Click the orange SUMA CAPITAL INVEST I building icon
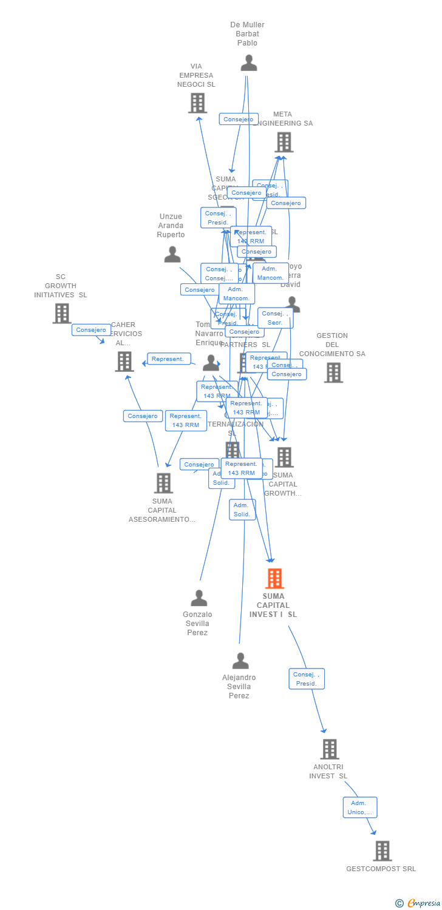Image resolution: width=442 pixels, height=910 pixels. (x=274, y=579)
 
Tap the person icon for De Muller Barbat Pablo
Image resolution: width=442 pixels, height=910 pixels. (x=248, y=63)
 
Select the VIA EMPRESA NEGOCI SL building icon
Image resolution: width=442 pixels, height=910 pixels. (x=197, y=103)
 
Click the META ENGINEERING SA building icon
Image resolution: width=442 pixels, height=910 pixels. (x=284, y=142)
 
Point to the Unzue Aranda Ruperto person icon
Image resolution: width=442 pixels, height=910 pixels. (x=172, y=254)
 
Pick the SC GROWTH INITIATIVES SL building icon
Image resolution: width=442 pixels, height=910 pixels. (x=62, y=314)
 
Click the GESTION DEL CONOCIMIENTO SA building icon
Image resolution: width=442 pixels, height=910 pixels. (x=333, y=372)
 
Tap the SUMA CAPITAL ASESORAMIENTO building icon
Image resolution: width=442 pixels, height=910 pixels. (x=163, y=483)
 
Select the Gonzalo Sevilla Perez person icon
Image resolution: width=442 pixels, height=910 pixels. (x=199, y=598)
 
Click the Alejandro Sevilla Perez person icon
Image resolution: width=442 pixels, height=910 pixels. (x=240, y=661)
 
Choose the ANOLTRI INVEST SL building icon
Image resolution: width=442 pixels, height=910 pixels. (x=330, y=749)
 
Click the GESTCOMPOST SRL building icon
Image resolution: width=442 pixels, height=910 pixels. (x=382, y=851)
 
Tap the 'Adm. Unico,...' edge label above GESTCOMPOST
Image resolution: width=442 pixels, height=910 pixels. (x=360, y=807)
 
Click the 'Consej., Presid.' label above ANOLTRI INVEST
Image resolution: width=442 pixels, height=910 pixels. (x=307, y=679)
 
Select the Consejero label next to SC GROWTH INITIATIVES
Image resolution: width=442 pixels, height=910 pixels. (x=91, y=330)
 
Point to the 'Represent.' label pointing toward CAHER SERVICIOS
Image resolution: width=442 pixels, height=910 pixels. (x=168, y=359)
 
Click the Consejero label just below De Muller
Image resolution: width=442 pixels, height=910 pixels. (x=239, y=120)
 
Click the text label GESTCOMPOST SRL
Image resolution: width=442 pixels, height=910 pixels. (x=381, y=869)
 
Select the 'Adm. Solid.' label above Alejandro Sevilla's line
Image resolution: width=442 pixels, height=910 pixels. (x=242, y=510)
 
